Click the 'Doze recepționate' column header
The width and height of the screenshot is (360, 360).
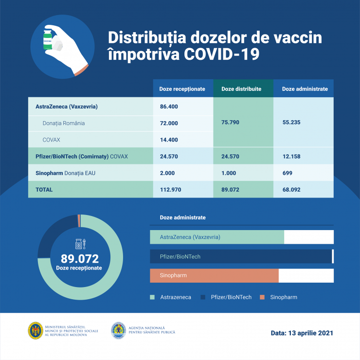pyautogui.click(x=182, y=89)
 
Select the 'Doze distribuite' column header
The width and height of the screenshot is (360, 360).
pyautogui.click(x=241, y=89)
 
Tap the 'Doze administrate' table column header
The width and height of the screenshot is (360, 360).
pyautogui.click(x=305, y=89)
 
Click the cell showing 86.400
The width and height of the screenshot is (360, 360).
pyautogui.click(x=169, y=106)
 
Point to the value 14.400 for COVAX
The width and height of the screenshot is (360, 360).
pyautogui.click(x=169, y=140)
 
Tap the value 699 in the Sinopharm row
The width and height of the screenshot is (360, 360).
pyautogui.click(x=288, y=173)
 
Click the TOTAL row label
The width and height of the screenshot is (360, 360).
pyautogui.click(x=44, y=189)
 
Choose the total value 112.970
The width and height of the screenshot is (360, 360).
pyautogui.click(x=171, y=189)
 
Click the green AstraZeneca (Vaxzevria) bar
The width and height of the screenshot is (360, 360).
pyautogui.click(x=216, y=237)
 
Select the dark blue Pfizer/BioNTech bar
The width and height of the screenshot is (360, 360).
pyautogui.click(x=240, y=256)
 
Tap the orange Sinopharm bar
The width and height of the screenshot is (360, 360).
pyautogui.click(x=214, y=275)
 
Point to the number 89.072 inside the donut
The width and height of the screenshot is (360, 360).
pyautogui.click(x=79, y=258)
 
